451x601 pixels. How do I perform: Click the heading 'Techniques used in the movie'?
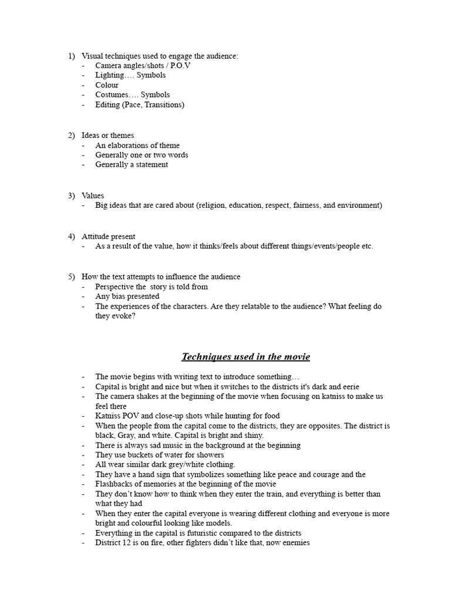pos(245,357)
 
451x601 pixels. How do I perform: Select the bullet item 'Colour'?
pos(107,85)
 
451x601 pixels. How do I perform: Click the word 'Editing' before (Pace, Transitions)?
pos(107,104)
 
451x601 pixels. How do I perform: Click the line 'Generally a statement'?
pos(132,165)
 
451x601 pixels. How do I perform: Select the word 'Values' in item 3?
pos(93,195)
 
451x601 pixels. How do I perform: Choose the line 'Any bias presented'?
pos(127,296)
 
